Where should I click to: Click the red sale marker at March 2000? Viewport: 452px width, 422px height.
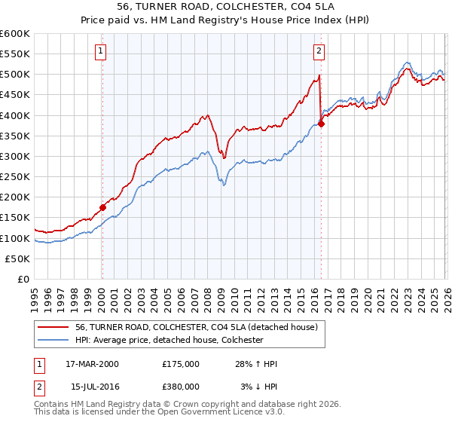(x=102, y=207)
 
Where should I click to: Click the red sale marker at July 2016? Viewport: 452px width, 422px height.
(x=321, y=124)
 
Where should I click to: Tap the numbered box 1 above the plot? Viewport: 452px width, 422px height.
(x=101, y=51)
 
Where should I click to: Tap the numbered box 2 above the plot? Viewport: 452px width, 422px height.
(x=319, y=51)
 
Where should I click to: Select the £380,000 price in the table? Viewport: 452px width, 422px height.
(x=180, y=387)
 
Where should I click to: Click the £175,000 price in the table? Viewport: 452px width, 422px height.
(x=180, y=364)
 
